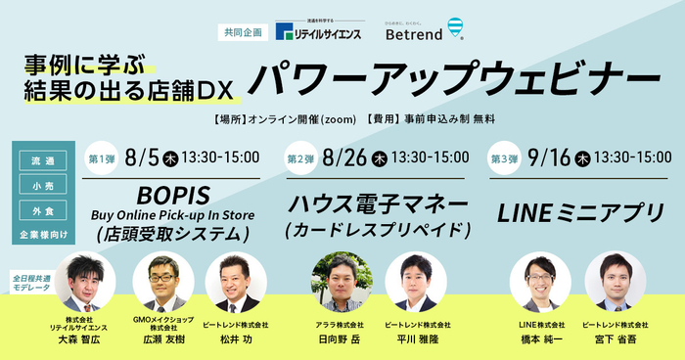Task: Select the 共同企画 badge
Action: pos(241,32)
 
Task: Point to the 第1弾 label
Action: pos(102,157)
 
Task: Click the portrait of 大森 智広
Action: pos(85,283)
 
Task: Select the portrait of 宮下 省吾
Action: pos(615,283)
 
